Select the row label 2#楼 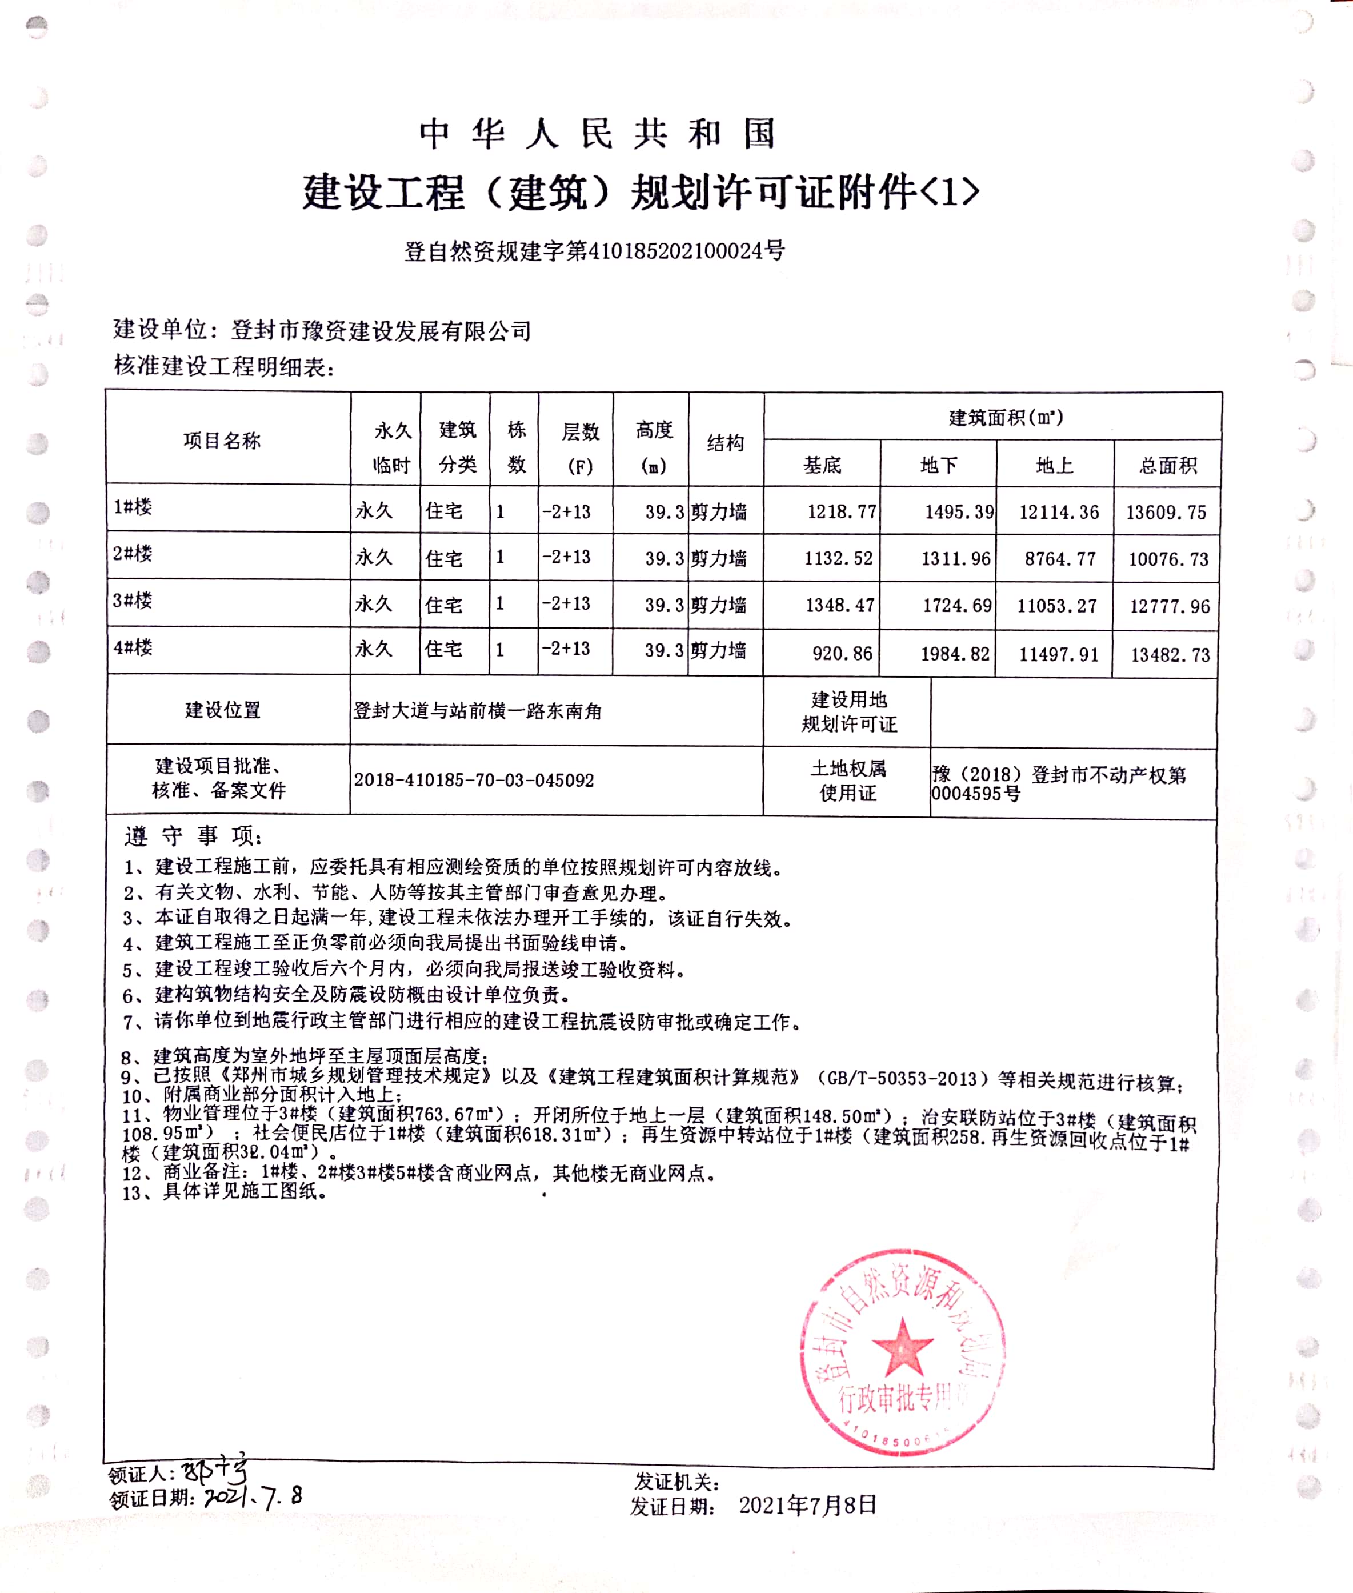pos(133,553)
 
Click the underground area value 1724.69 pos(956,606)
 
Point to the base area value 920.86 pos(842,654)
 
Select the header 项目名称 pos(222,440)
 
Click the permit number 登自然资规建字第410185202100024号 pos(594,251)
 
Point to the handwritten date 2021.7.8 pos(253,1496)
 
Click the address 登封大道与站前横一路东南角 pos(477,711)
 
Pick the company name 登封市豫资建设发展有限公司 pos(381,331)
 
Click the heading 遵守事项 pos(193,835)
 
